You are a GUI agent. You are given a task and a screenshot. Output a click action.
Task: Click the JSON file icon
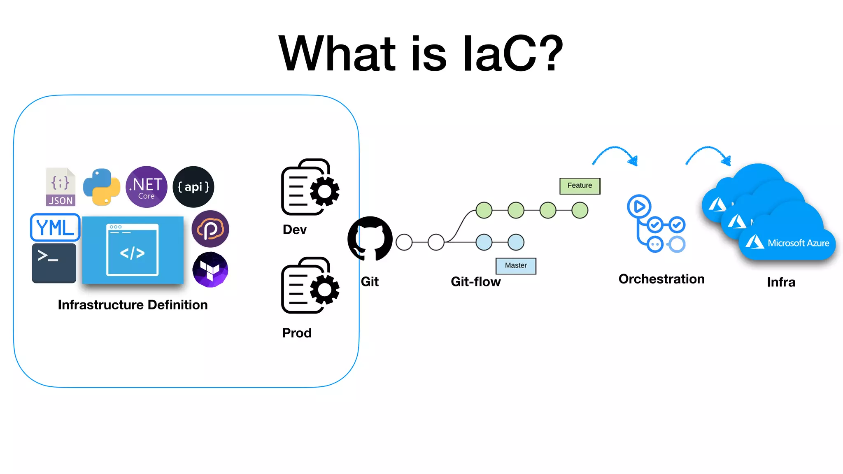coord(61,187)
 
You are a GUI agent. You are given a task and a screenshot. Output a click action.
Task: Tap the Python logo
coord(102,187)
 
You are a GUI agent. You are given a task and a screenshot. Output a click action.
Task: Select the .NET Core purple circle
coord(147,187)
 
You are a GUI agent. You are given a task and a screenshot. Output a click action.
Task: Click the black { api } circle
coord(193,187)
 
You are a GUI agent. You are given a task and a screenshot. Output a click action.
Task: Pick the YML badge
coord(55,227)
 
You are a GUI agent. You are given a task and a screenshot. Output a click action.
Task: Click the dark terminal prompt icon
coord(54,263)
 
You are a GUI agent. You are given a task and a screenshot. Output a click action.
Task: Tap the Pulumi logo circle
coord(210,229)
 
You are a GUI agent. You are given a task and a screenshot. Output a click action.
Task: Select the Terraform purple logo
coord(210,270)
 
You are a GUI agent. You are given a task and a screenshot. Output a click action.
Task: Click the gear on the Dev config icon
coord(324,191)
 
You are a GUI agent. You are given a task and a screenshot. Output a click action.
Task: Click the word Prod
coord(296,333)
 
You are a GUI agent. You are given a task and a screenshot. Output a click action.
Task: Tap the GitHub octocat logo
coord(370,239)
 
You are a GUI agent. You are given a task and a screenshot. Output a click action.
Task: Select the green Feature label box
coord(580,186)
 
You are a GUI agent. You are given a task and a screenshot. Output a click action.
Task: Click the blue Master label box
coord(516,266)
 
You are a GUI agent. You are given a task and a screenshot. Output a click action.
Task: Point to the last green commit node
coord(580,210)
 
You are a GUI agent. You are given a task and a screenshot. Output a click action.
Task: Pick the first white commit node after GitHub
coord(404,242)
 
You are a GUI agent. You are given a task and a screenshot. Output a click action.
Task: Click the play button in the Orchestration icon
coord(639,206)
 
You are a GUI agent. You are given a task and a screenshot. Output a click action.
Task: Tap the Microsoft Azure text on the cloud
coord(798,243)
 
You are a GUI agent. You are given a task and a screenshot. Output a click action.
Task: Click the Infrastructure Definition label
coord(133,305)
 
